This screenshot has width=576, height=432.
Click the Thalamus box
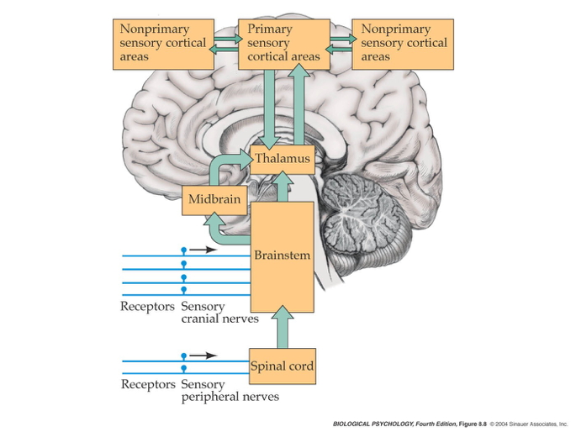(283, 159)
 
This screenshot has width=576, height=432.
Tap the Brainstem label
(283, 255)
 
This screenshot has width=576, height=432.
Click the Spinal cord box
(283, 366)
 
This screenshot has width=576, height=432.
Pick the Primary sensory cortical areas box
(282, 44)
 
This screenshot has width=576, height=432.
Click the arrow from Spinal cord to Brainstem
(283, 328)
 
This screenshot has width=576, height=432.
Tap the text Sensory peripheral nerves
(230, 391)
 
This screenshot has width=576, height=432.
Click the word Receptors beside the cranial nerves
(148, 307)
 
